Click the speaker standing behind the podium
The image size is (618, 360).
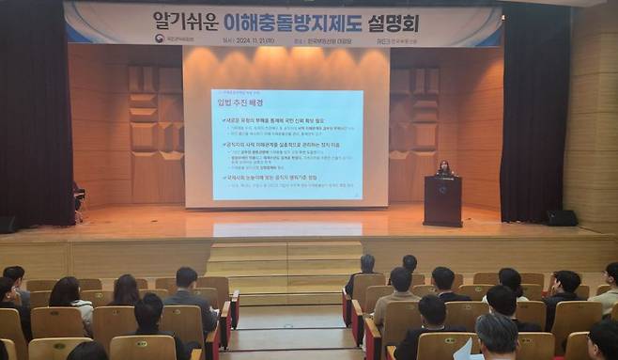[x=443, y=169]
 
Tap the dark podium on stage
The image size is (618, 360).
[x=442, y=201]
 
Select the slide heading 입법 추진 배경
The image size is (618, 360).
[x=240, y=102]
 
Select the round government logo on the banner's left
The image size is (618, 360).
[x=160, y=39]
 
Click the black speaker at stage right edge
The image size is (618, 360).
[x=562, y=218]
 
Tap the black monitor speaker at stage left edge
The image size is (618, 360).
[x=8, y=226]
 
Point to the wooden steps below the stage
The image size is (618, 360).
[x=285, y=259]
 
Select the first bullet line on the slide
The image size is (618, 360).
[x=282, y=120]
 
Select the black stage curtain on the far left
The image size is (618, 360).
[x=34, y=113]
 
